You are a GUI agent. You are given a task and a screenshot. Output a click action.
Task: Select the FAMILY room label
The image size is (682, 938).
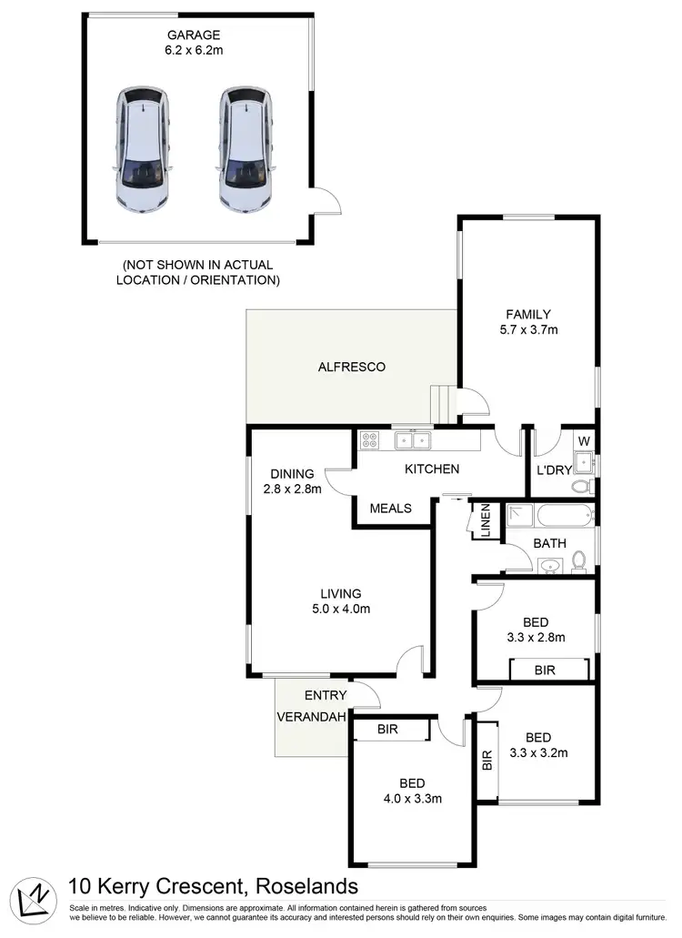(x=528, y=315)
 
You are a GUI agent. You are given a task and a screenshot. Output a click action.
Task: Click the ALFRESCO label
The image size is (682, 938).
(x=352, y=368)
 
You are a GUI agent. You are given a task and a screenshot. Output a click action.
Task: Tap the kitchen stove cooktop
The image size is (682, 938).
(x=370, y=441)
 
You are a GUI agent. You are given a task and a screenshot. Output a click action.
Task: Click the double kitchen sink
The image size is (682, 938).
(x=413, y=441)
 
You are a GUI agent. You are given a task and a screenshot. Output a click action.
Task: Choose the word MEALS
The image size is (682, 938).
(x=391, y=509)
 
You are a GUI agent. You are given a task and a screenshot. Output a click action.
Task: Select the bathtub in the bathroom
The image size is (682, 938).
(x=564, y=516)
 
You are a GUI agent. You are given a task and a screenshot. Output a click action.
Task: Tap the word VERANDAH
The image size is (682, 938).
(x=311, y=717)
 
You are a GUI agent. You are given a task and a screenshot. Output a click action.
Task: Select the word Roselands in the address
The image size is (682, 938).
(x=307, y=886)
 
